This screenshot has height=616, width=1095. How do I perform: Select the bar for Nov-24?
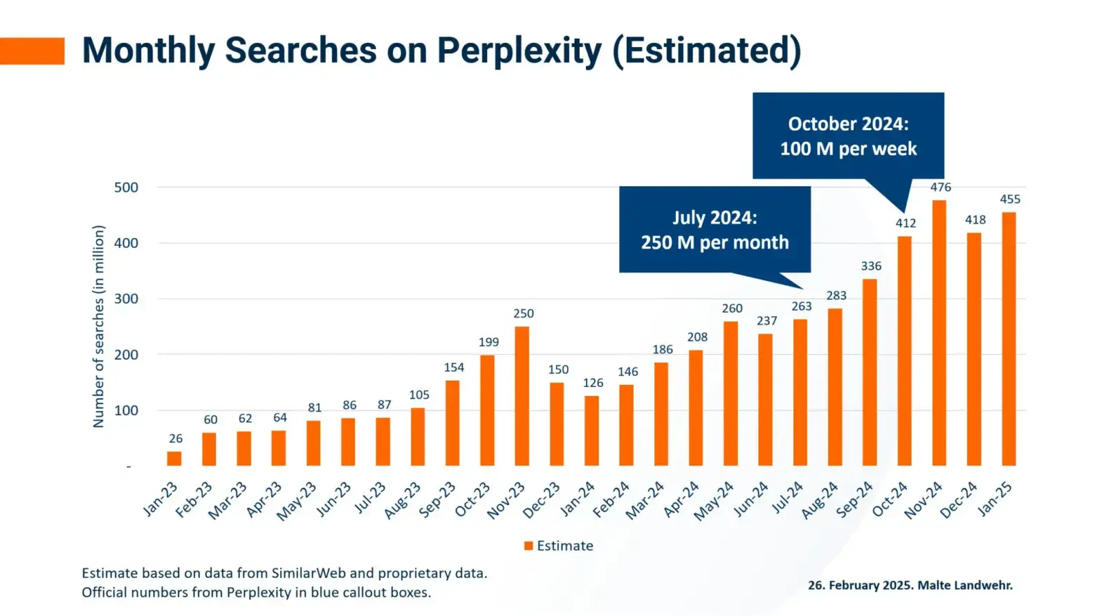(x=939, y=333)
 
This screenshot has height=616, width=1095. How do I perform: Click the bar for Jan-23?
(x=174, y=458)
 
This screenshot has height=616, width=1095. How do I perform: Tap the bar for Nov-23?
(x=522, y=396)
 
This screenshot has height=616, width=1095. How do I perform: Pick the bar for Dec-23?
(x=557, y=424)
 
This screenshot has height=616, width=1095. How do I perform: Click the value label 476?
(x=941, y=187)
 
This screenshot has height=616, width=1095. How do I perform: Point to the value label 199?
(x=489, y=342)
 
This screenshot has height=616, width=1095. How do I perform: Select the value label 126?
(x=593, y=383)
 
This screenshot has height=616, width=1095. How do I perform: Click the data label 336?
(x=871, y=266)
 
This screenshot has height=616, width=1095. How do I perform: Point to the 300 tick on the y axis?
(x=126, y=299)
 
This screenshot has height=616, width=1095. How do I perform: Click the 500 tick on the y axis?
(x=126, y=188)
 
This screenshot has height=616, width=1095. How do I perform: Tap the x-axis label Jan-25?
(x=995, y=499)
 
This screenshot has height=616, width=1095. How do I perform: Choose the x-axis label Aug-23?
(x=403, y=500)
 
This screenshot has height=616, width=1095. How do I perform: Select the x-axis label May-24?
(x=715, y=501)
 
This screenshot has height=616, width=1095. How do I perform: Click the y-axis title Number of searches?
(x=98, y=327)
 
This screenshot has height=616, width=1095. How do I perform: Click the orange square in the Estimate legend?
(x=529, y=546)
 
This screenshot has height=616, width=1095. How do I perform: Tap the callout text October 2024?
(x=848, y=124)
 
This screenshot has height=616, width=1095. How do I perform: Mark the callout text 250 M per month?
(x=715, y=242)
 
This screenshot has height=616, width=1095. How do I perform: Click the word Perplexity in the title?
(x=519, y=51)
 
